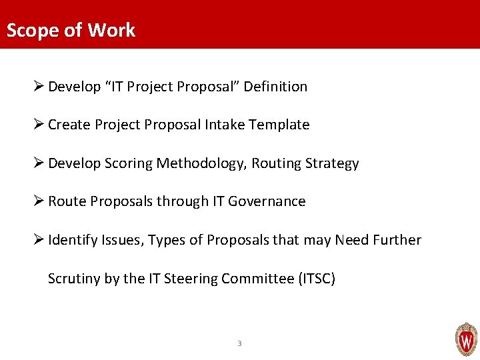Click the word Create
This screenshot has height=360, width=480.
click(69, 125)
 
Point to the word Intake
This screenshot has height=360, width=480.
click(225, 125)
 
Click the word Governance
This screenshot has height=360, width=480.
click(267, 201)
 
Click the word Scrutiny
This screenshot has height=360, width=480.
click(74, 279)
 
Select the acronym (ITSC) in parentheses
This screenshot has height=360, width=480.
click(317, 279)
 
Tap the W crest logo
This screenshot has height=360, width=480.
click(466, 339)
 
